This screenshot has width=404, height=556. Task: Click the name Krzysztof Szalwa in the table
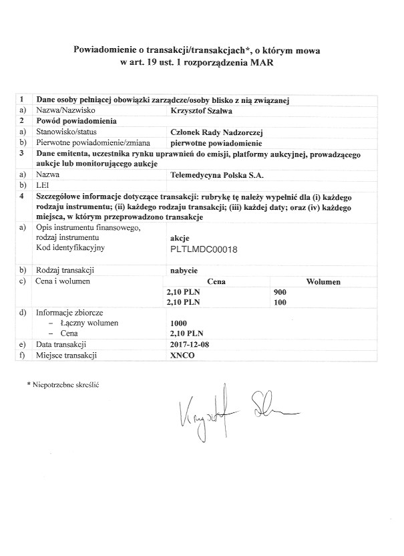click(x=202, y=111)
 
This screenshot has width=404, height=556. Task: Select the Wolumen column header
click(x=324, y=281)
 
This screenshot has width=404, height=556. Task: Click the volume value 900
click(x=280, y=291)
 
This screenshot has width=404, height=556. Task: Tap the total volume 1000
click(x=179, y=323)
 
